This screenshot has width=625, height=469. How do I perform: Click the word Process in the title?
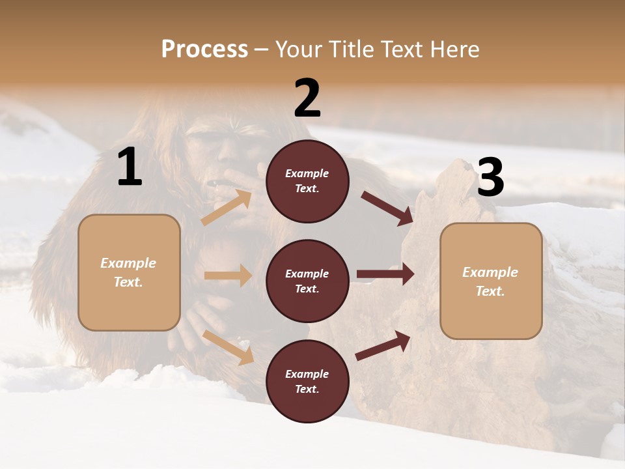(204, 50)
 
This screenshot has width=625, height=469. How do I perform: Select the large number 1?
(130, 168)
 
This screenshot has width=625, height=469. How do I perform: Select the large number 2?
(307, 98)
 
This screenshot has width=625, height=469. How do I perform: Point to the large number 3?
(490, 178)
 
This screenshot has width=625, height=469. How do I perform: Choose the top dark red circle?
(307, 181)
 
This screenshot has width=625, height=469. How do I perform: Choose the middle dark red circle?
(307, 281)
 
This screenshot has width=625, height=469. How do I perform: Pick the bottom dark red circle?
(307, 381)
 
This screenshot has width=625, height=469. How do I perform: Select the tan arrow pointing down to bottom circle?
(229, 347)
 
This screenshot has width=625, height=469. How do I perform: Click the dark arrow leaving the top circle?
(387, 208)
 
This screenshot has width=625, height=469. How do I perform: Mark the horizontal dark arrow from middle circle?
(385, 274)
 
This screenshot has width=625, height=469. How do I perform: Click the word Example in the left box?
(128, 263)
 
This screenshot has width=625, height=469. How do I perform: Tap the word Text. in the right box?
(490, 291)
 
